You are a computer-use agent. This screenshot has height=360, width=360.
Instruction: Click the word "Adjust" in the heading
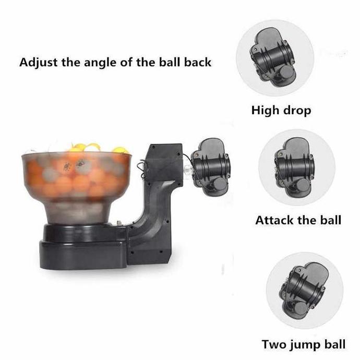38,63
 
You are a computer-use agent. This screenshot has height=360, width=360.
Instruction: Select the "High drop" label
281,110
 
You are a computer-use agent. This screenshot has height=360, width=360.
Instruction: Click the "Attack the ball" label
298,219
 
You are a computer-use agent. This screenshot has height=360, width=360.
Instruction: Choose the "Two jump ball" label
303,344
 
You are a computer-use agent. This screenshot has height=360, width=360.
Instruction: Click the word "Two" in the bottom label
274,344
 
